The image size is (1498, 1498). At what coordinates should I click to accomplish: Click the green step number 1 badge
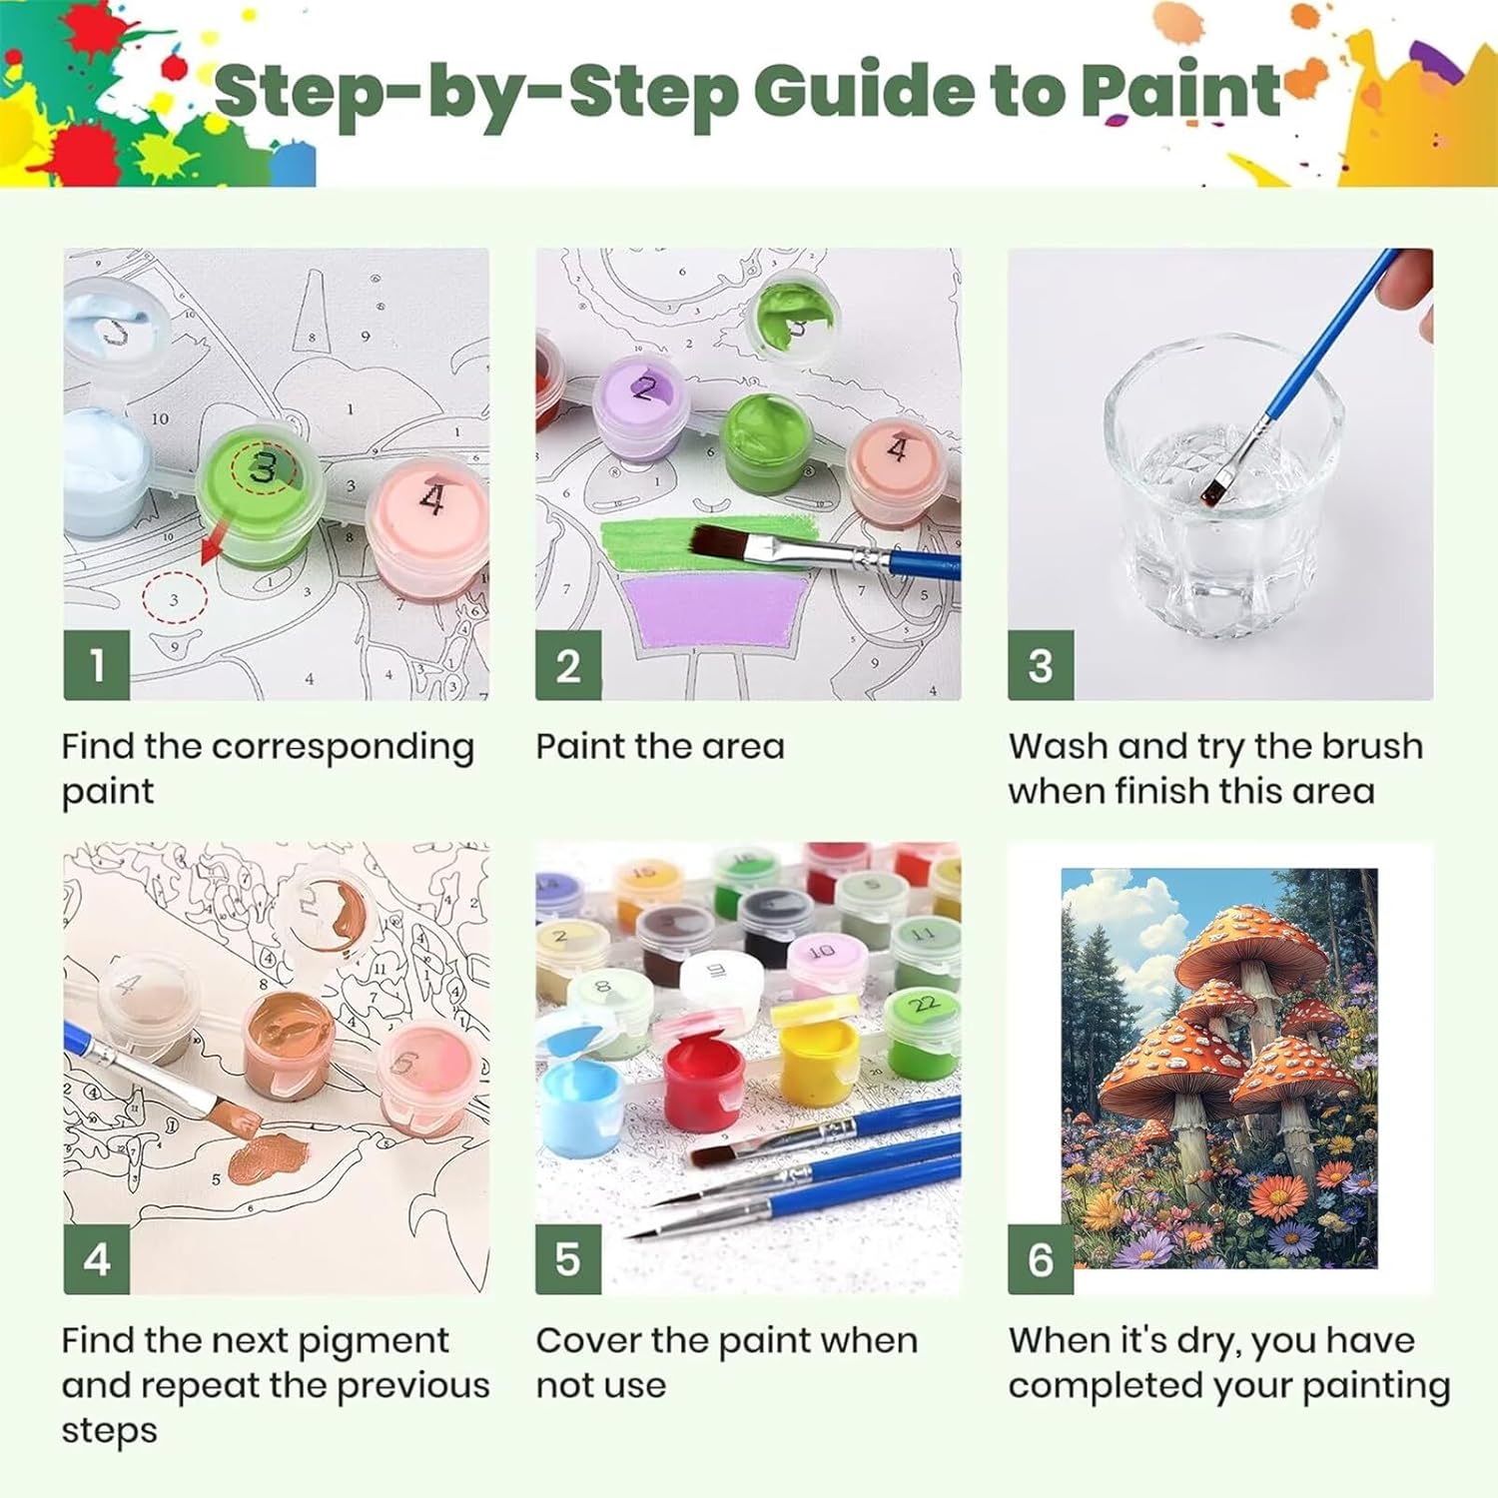pos(97,665)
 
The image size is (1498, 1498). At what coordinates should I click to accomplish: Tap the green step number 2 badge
pos(568,665)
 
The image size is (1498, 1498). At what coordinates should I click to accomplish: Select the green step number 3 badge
pos(1041,665)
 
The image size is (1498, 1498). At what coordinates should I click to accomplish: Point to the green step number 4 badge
pos(97,1259)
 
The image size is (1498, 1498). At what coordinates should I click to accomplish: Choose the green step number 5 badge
pos(568,1259)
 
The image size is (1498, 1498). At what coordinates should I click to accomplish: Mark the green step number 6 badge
pos(1041,1259)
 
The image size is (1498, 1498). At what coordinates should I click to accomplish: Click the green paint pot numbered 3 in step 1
pos(261,494)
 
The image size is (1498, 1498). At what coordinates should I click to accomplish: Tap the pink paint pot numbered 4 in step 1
pos(427,524)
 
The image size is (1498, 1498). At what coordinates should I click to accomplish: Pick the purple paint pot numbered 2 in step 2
pos(639,409)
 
